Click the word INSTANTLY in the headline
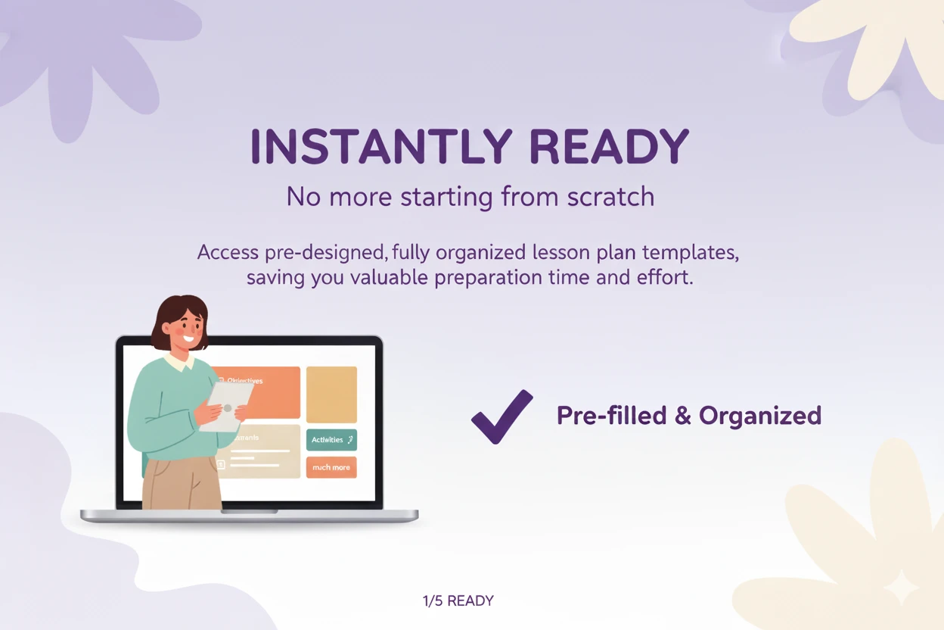click(x=382, y=148)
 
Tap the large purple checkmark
click(x=502, y=416)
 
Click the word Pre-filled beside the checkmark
click(x=611, y=416)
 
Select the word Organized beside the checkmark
click(x=759, y=416)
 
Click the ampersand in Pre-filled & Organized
click(x=683, y=416)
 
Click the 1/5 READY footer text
click(x=458, y=601)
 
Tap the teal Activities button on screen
click(x=331, y=440)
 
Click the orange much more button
click(x=331, y=467)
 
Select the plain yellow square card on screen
click(x=331, y=395)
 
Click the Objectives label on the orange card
click(x=244, y=381)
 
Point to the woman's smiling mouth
click(x=188, y=337)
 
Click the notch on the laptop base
click(x=249, y=511)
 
